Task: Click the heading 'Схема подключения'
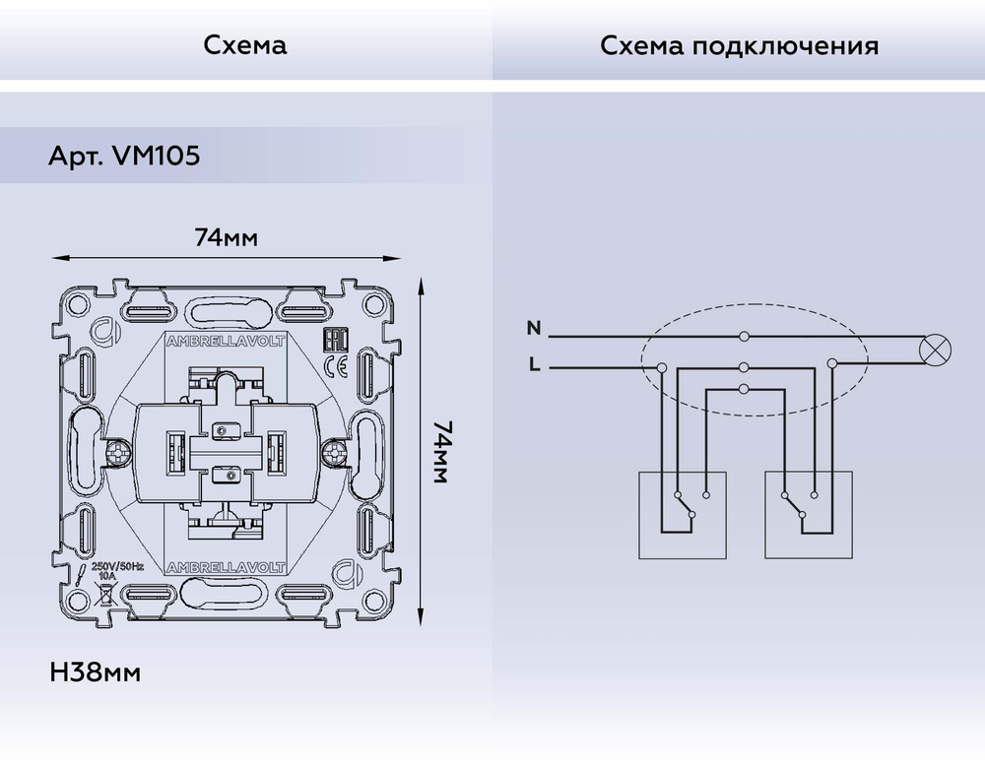click(739, 45)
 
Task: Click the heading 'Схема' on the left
click(245, 45)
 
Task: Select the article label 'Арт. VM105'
click(124, 157)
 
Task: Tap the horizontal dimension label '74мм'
click(228, 237)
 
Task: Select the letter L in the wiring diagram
click(533, 365)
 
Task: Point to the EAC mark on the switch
click(333, 343)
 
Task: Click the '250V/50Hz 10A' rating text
click(117, 572)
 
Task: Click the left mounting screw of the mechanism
click(118, 454)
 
